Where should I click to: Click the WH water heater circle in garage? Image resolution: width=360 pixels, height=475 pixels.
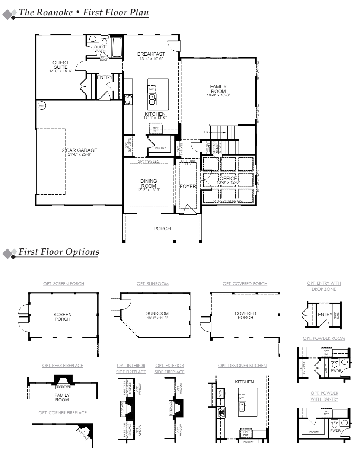(41, 106)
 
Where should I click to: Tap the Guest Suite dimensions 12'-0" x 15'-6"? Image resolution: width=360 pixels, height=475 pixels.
(60, 71)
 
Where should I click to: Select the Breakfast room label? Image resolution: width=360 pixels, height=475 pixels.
(151, 54)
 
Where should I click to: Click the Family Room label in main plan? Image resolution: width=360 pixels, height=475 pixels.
(218, 89)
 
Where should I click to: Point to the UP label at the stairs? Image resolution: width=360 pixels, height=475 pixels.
(206, 133)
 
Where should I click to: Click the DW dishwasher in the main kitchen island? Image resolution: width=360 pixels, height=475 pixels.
(151, 90)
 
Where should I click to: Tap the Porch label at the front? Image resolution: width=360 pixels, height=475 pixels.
(162, 229)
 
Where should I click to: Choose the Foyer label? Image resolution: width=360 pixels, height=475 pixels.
(188, 186)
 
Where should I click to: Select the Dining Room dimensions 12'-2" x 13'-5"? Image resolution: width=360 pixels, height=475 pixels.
(149, 190)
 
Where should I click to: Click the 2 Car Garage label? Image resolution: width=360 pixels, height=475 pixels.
(79, 150)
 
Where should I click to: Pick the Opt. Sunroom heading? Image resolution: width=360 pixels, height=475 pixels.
(152, 284)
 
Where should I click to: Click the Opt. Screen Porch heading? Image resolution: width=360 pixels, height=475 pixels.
(64, 284)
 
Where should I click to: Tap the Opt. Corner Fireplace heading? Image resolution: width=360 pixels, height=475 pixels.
(63, 413)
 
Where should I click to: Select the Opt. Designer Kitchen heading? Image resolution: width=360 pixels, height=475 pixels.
(242, 366)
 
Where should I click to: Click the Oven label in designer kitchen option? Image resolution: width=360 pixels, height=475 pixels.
(220, 393)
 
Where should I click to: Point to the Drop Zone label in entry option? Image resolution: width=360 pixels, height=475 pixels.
(337, 316)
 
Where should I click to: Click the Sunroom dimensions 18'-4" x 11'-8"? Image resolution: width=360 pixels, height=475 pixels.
(157, 318)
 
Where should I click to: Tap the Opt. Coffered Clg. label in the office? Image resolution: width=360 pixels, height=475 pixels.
(228, 201)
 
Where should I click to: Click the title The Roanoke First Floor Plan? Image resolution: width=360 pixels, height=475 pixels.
(84, 12)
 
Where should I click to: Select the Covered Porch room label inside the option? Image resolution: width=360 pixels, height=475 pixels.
(245, 315)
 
